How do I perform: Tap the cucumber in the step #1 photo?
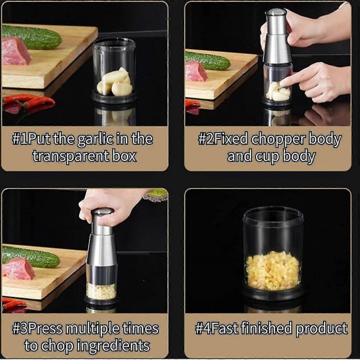(31, 37)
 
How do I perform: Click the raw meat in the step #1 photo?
(15, 51)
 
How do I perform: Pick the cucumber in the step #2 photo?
(207, 60)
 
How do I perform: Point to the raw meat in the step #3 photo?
(18, 269)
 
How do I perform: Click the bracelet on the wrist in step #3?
(156, 195)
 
